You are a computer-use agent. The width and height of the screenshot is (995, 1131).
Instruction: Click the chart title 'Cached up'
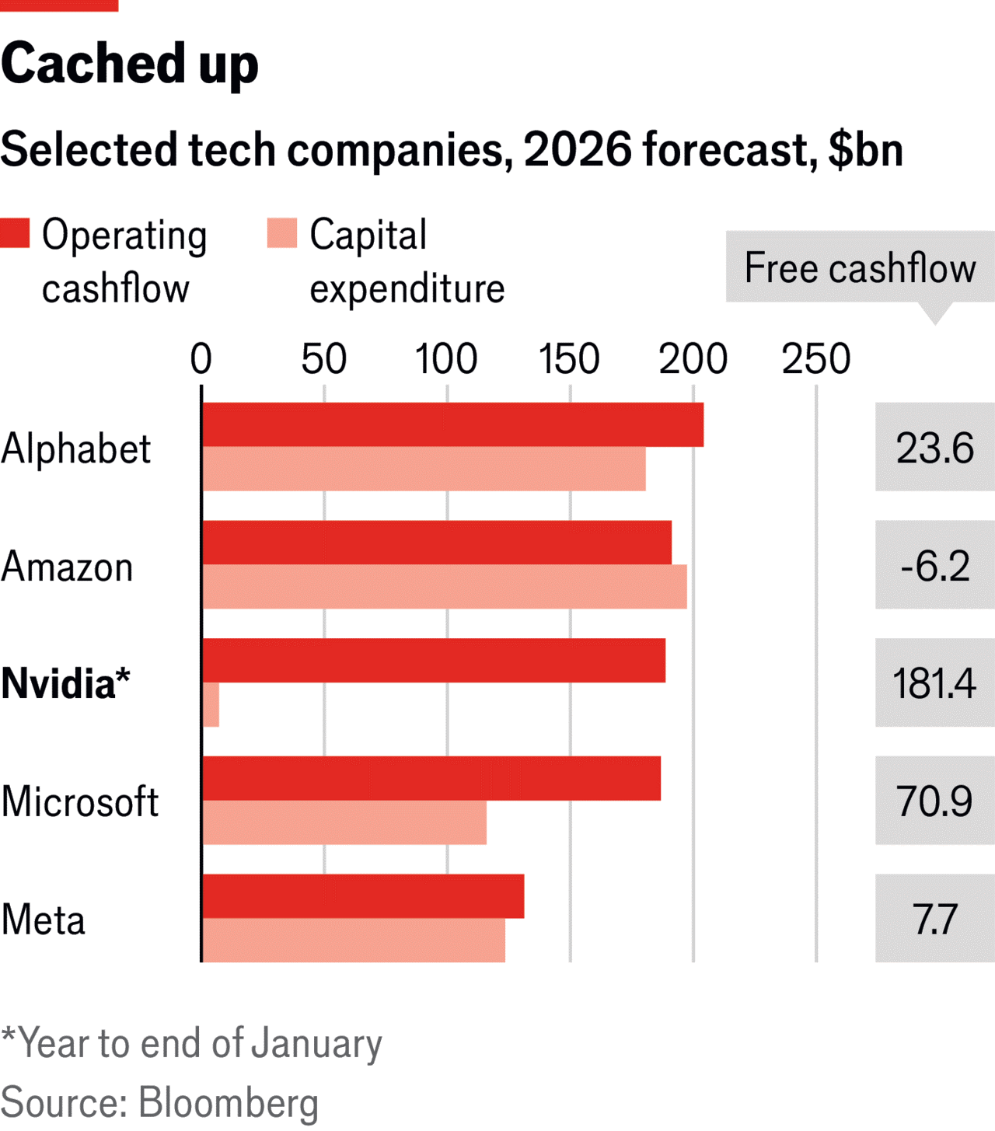pyautogui.click(x=129, y=64)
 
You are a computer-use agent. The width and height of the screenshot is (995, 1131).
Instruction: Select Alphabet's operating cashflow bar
pyautogui.click(x=452, y=424)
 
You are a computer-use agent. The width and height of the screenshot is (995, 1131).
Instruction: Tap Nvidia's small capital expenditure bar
pyautogui.click(x=211, y=705)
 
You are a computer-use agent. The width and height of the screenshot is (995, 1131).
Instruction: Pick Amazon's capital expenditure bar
pyautogui.click(x=444, y=587)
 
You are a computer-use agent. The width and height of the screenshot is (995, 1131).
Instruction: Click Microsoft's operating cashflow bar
pyautogui.click(x=431, y=778)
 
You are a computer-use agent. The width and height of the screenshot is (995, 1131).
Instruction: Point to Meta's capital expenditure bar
pyautogui.click(x=354, y=941)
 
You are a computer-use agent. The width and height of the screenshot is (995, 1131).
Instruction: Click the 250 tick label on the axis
pyautogui.click(x=815, y=359)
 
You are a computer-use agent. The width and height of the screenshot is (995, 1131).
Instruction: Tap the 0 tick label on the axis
pyautogui.click(x=201, y=359)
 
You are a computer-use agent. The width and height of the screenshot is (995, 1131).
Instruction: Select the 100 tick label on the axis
pyautogui.click(x=446, y=359)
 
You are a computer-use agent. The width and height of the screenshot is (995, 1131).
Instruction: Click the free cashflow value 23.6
pyautogui.click(x=934, y=448)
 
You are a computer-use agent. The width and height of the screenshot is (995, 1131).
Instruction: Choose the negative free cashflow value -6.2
pyautogui.click(x=934, y=565)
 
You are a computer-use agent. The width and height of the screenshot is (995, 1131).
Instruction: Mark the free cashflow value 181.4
pyautogui.click(x=934, y=683)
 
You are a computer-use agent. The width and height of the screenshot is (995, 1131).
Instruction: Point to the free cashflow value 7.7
pyautogui.click(x=934, y=919)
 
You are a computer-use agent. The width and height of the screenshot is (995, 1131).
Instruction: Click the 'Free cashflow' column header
pyautogui.click(x=860, y=267)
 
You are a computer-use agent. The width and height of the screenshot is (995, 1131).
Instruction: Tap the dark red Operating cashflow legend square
pyautogui.click(x=15, y=233)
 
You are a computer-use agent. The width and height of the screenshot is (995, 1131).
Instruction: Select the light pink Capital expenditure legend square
pyautogui.click(x=281, y=233)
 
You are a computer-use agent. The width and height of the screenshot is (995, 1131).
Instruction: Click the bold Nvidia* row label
pyautogui.click(x=65, y=684)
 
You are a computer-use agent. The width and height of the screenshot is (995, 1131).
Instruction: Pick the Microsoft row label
pyautogui.click(x=80, y=801)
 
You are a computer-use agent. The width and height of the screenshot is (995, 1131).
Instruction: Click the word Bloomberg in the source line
pyautogui.click(x=229, y=1102)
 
